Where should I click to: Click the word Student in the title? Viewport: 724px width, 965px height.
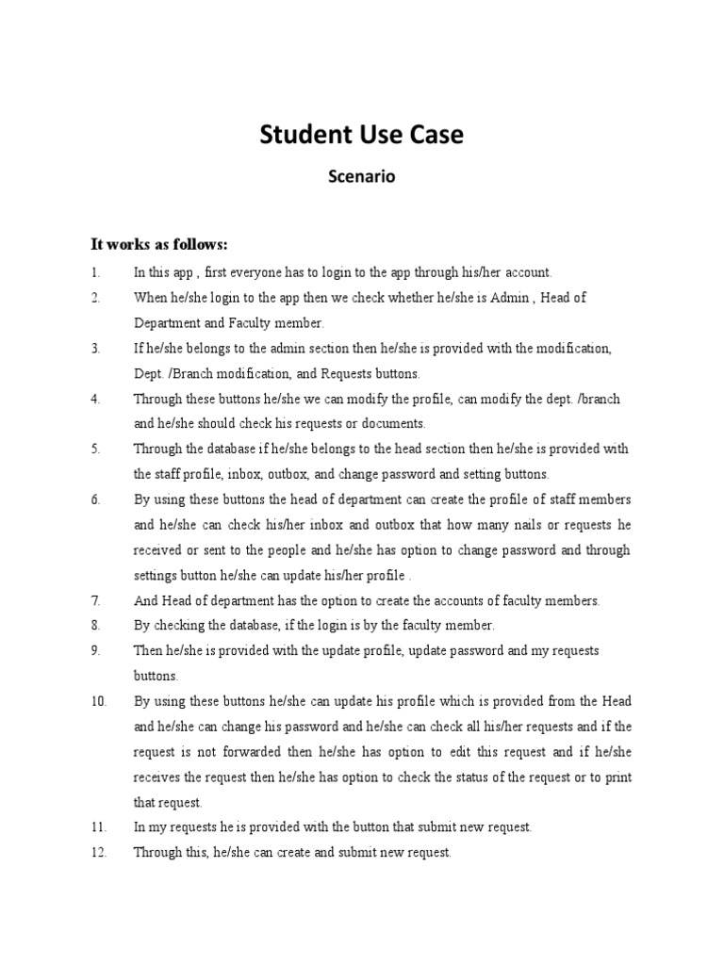tap(302, 135)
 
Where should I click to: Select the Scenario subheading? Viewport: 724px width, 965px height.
tap(361, 176)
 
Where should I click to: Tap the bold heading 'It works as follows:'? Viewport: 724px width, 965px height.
tap(158, 245)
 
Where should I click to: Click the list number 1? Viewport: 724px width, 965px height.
tap(95, 272)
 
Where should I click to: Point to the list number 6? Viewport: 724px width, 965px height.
tap(96, 499)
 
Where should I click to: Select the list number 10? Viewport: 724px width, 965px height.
tap(100, 701)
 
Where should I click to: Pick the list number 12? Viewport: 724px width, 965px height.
tap(100, 853)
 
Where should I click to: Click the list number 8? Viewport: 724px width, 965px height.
tap(96, 626)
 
